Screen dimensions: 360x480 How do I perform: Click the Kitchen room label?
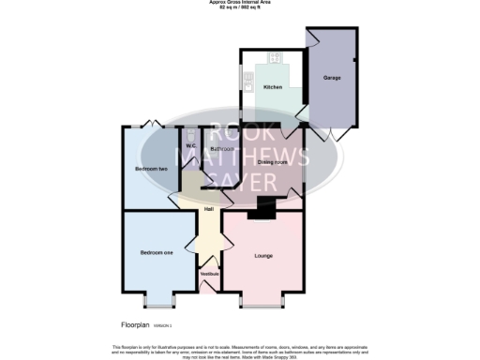272,87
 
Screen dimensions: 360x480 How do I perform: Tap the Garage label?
331,77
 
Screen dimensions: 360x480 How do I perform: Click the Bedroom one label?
156,252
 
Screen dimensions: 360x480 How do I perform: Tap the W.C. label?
190,145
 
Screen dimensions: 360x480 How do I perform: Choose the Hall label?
209,209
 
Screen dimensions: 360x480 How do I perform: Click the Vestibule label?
210,274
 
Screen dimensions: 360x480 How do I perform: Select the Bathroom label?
222,149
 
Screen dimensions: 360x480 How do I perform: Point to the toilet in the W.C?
190,134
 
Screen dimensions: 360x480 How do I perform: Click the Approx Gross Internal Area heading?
239,3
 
